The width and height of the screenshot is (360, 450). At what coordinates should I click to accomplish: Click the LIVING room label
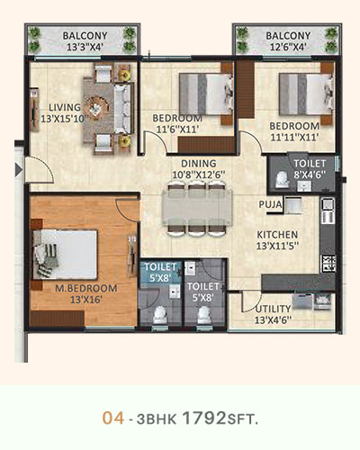tap(65, 107)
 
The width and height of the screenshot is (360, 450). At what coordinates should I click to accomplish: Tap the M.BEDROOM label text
tap(86, 288)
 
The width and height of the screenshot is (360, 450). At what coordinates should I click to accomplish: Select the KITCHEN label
tap(277, 235)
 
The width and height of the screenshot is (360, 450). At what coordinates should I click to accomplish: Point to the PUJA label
tap(270, 204)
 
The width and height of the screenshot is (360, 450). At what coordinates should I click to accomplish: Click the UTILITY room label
tap(273, 309)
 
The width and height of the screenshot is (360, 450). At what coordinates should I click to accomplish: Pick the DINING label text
tap(199, 164)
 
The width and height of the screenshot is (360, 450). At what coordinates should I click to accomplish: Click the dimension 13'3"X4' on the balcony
tap(85, 47)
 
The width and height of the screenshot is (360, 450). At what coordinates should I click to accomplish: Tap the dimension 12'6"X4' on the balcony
tap(288, 47)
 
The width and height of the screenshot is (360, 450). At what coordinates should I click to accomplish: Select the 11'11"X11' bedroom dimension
tap(294, 138)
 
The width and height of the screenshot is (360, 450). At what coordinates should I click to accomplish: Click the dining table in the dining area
tap(197, 207)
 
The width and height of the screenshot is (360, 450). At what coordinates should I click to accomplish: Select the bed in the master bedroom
tap(65, 255)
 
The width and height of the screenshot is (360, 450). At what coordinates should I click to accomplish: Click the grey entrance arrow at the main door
tap(19, 170)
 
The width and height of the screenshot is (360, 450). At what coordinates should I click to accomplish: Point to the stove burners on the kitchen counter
tap(328, 264)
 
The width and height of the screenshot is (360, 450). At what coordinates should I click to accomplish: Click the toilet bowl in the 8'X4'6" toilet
tap(282, 180)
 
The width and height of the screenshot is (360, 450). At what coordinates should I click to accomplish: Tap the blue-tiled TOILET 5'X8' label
tap(160, 273)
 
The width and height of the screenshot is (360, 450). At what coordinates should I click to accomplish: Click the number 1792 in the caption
tap(204, 418)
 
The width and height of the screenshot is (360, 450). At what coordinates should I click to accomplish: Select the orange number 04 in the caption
tap(113, 418)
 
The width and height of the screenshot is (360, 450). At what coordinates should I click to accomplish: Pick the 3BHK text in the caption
tap(157, 419)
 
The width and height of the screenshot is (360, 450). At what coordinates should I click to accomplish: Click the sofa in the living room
tap(122, 109)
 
